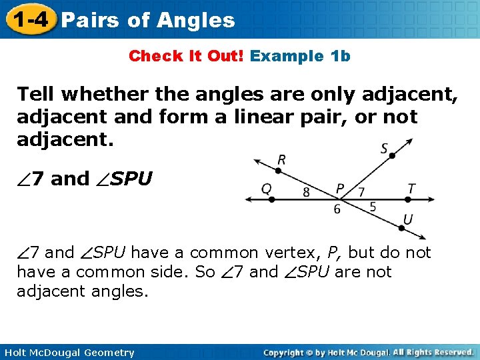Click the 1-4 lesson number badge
(x=28, y=20)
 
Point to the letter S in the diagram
(x=385, y=148)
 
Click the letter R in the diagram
(x=282, y=160)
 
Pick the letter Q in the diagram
(x=266, y=189)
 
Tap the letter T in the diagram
(x=411, y=189)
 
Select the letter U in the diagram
(x=408, y=219)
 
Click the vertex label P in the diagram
(x=340, y=189)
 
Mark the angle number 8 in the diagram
(x=306, y=193)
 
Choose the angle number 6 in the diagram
(x=337, y=209)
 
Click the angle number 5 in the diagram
(x=372, y=207)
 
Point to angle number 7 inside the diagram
(x=361, y=192)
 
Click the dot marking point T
(x=408, y=199)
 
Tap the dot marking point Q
(x=272, y=199)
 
